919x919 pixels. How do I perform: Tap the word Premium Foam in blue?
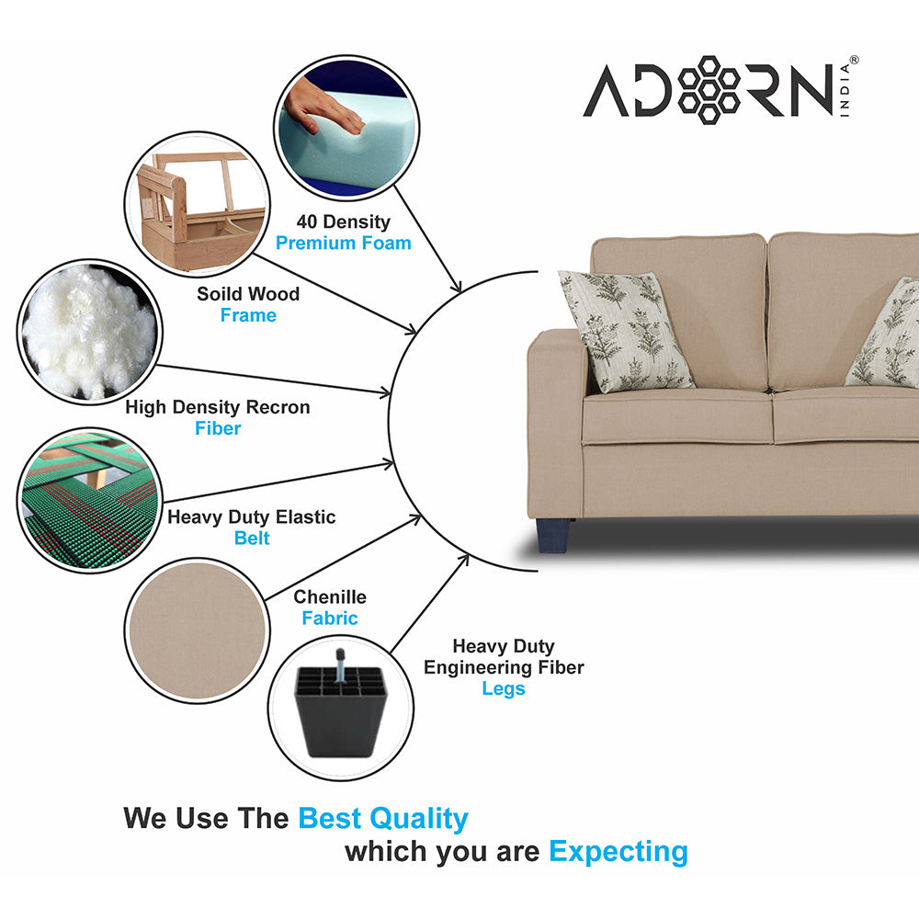tap(343, 244)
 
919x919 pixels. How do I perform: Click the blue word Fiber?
tap(218, 428)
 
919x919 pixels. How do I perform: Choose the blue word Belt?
tap(251, 539)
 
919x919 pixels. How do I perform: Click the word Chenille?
tap(330, 597)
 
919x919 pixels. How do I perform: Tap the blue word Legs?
tap(503, 689)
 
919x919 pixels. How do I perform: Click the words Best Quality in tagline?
tap(383, 819)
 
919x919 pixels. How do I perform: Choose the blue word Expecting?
tap(618, 852)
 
